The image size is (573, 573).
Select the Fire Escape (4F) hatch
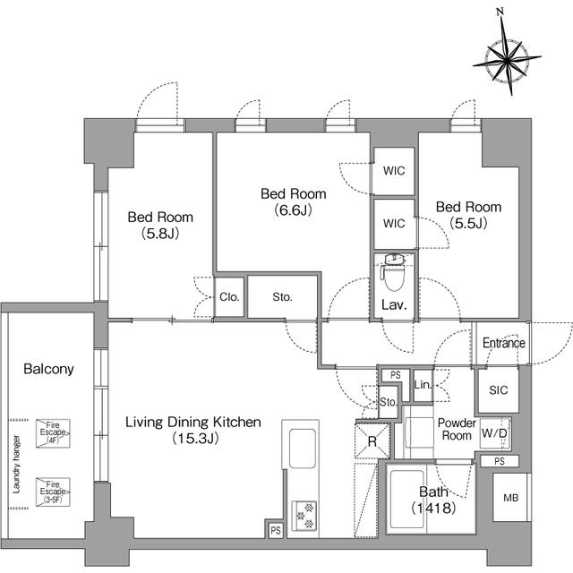coord(53,433)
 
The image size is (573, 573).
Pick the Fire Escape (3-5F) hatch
coord(53,492)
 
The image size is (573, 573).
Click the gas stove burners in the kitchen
coord(304,516)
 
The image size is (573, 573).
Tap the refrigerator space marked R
coord(372,441)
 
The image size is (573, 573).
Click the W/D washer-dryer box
coord(494,433)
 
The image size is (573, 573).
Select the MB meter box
coord(510,497)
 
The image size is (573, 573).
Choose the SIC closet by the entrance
coord(499,389)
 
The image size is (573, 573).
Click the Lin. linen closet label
coord(423,384)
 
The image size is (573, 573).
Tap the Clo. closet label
coord(229,296)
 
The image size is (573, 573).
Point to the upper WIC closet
coord(394,171)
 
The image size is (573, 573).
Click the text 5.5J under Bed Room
coord(468,223)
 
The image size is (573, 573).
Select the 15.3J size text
coord(195,438)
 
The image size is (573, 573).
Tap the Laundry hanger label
coord(16,464)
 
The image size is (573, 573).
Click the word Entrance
coord(503,343)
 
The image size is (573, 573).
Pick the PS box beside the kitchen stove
coord(276,530)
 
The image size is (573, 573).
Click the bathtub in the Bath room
coord(408,500)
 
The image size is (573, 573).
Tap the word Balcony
coord(48,369)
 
